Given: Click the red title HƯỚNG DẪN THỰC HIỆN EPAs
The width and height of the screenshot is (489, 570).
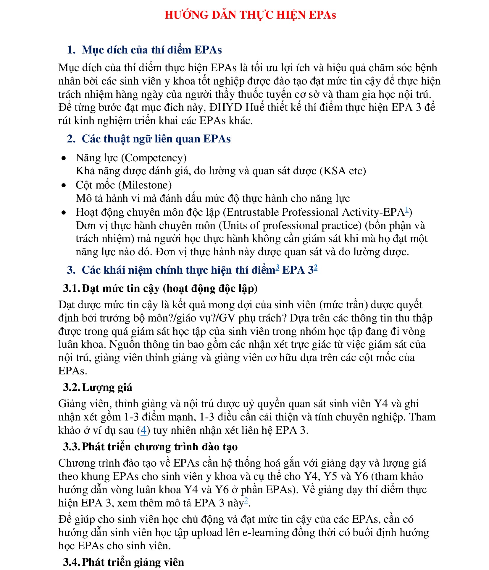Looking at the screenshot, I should pyautogui.click(x=250, y=15).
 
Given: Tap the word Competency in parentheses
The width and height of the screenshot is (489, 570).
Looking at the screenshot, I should pyautogui.click(x=154, y=158).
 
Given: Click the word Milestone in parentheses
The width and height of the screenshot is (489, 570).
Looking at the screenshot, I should pyautogui.click(x=145, y=185).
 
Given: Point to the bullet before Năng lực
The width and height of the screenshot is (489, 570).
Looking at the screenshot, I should pyautogui.click(x=64, y=158).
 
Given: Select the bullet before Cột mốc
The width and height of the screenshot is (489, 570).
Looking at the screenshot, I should pyautogui.click(x=64, y=186).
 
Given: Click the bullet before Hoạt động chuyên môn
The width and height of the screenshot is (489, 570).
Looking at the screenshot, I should pyautogui.click(x=64, y=213).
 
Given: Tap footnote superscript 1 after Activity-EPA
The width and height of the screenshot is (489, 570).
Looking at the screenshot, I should pyautogui.click(x=407, y=210).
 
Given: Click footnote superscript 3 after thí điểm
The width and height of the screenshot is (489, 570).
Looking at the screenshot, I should pyautogui.click(x=277, y=267).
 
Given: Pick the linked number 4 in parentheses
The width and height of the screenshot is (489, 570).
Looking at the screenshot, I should pyautogui.click(x=143, y=430).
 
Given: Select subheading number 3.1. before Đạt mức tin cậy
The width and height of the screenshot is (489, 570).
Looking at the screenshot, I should pyautogui.click(x=71, y=288).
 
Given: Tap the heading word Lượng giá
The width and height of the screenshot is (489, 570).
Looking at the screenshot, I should pyautogui.click(x=107, y=387).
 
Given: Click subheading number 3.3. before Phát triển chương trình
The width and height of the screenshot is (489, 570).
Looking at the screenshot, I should pyautogui.click(x=71, y=446).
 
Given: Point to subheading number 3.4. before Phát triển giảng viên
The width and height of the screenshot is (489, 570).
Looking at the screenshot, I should pyautogui.click(x=71, y=562).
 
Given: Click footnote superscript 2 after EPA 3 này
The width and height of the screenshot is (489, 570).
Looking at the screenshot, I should pyautogui.click(x=246, y=500).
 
